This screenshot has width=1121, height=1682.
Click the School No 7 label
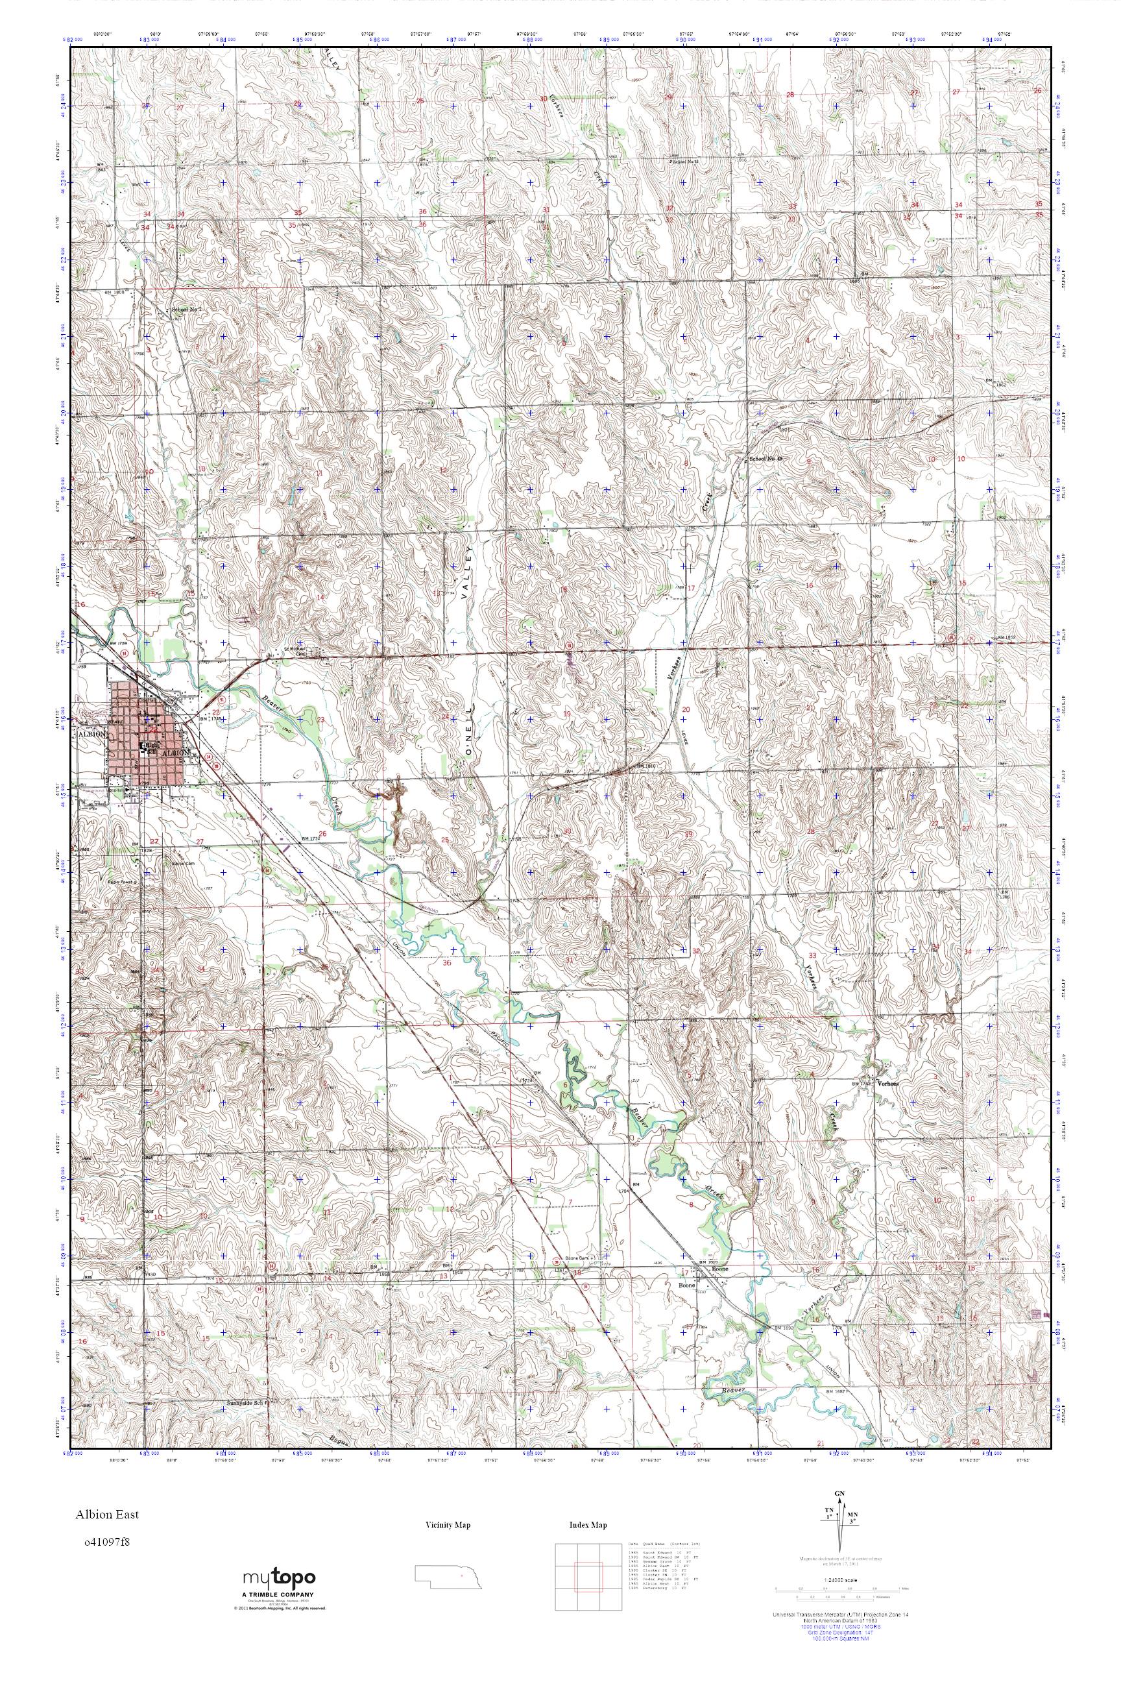[x=187, y=309]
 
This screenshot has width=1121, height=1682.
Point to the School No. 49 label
[x=765, y=458]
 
